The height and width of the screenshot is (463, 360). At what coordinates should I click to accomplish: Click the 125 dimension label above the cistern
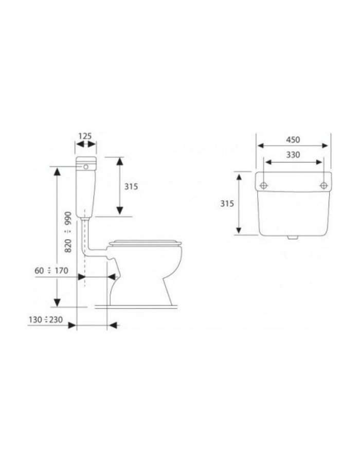85,136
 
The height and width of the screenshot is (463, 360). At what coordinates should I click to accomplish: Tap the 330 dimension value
293,154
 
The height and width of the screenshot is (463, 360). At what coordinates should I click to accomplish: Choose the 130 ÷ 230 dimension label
46,320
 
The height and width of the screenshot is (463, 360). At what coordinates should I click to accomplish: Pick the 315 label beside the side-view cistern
131,187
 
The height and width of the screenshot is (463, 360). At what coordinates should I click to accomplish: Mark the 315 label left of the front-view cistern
227,203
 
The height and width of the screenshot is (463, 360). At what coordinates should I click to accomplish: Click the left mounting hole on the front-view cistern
264,185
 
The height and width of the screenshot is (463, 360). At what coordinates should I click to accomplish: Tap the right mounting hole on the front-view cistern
323,185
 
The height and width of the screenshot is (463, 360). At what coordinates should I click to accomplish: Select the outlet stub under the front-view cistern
293,238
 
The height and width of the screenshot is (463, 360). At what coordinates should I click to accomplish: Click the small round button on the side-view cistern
86,167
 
